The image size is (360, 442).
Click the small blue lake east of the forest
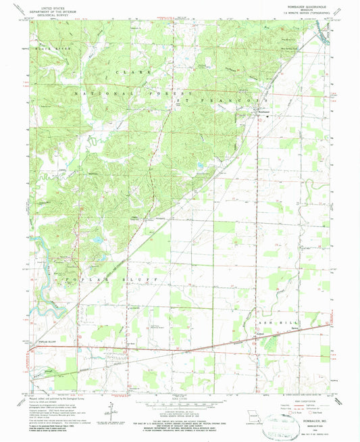point(201,164)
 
